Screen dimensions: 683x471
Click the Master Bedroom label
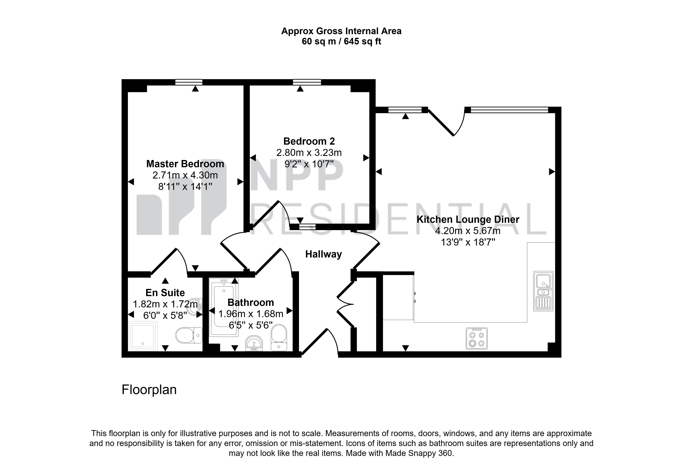point(185,164)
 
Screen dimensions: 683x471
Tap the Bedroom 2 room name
point(309,141)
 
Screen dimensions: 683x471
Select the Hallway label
point(323,254)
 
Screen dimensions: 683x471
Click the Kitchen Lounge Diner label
point(468,220)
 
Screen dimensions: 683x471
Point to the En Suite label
point(165,293)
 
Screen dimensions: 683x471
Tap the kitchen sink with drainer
point(543,291)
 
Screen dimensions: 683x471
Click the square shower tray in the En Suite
point(143,336)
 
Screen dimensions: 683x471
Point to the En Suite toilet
point(189,335)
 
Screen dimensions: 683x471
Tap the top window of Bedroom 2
point(307,82)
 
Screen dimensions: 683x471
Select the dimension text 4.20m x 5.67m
point(468,231)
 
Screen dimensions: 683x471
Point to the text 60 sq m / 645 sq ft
point(341,42)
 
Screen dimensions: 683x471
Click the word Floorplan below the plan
point(149,390)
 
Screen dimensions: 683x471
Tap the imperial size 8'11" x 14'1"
point(185,187)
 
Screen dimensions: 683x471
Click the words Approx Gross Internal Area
point(341,31)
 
